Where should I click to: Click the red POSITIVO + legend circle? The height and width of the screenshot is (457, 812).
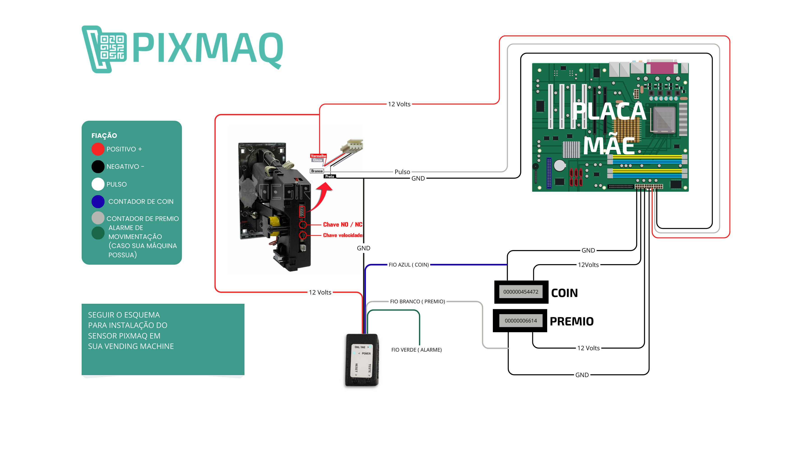pos(98,149)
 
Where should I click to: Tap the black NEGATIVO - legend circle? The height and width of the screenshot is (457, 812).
pos(98,167)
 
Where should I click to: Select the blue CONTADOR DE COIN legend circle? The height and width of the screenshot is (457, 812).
pos(98,202)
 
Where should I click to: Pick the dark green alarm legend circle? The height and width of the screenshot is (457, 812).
pos(98,233)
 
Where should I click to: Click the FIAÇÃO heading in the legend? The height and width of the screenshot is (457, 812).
pos(104,136)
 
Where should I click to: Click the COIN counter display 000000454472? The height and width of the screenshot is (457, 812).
pos(521,292)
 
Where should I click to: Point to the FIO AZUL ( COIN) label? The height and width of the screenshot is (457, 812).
pos(408,265)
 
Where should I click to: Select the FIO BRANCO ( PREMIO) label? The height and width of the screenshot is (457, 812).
pos(417,302)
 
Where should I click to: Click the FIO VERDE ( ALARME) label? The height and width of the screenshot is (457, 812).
pos(416,350)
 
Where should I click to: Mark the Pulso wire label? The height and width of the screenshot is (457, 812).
pos(402,172)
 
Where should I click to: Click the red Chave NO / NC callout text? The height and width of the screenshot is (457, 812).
pos(342,225)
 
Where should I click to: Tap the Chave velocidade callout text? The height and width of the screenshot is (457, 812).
pos(343,235)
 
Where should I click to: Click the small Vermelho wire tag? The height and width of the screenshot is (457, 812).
pos(318,156)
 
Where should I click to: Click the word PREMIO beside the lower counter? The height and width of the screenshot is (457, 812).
pos(572,321)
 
